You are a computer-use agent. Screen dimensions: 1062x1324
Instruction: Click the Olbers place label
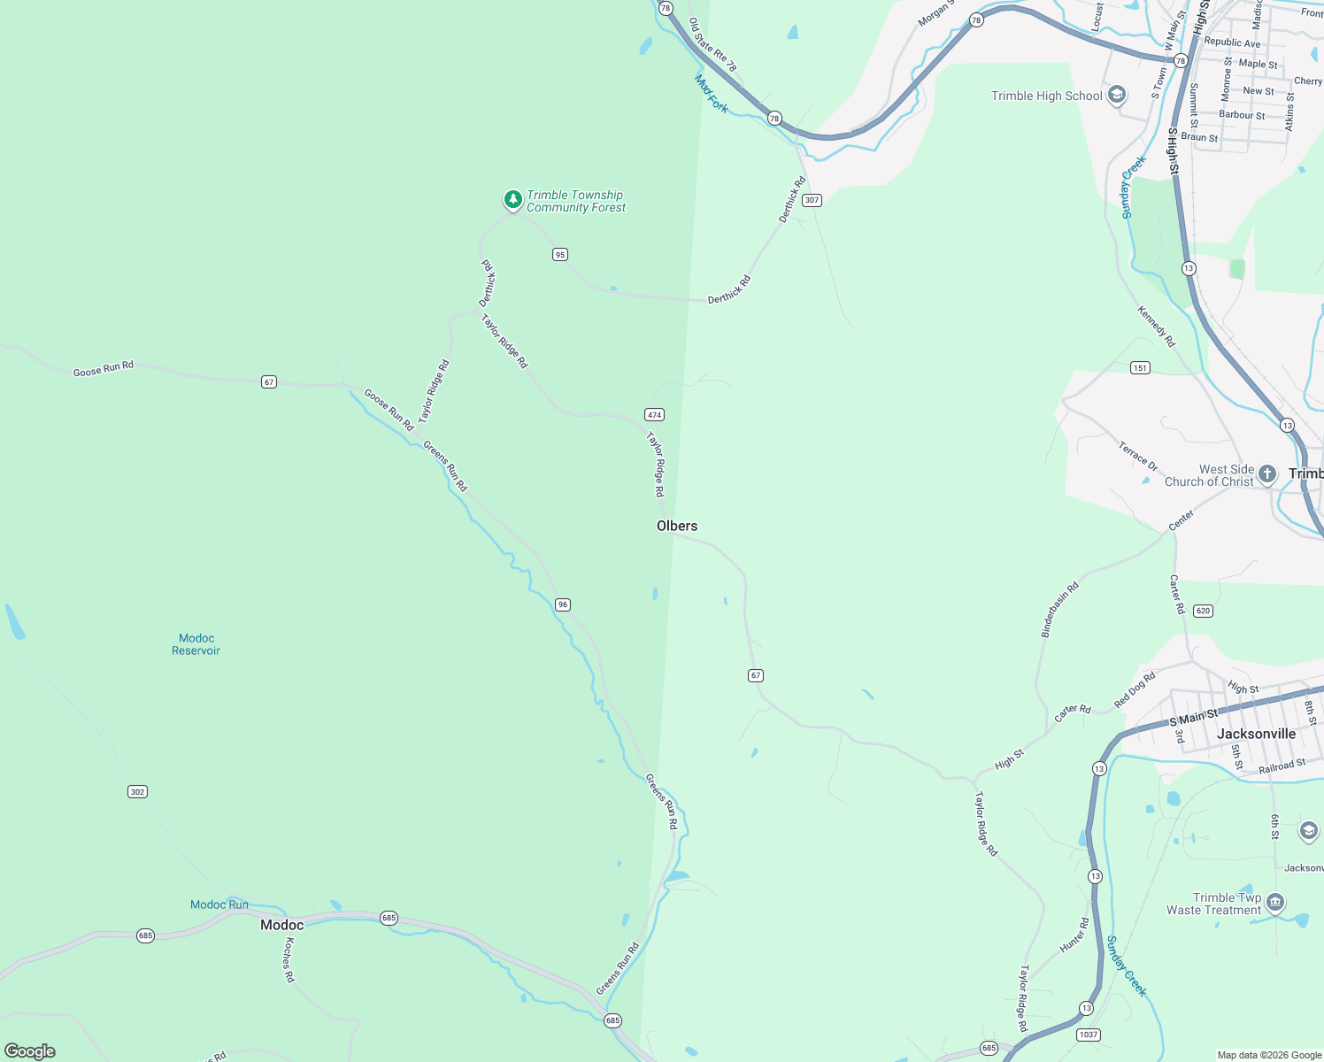[677, 526]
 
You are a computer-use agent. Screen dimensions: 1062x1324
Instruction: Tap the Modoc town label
[281, 925]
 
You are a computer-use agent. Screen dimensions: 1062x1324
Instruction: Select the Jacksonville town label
[1256, 734]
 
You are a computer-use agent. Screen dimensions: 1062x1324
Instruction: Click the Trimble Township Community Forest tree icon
[512, 200]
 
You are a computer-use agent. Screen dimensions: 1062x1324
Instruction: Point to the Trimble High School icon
[1117, 96]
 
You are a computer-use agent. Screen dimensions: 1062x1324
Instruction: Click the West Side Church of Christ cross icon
[1267, 474]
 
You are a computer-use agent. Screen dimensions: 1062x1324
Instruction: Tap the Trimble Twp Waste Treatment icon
[1275, 903]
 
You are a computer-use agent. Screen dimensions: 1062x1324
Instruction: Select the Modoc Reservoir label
[196, 644]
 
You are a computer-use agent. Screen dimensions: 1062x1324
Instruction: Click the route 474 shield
[654, 414]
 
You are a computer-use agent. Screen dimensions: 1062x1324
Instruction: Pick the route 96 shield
[563, 604]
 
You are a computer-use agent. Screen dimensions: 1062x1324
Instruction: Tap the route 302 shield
[137, 791]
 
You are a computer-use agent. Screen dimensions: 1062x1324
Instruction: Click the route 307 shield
[812, 200]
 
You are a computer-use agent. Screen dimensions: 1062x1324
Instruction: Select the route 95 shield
[559, 254]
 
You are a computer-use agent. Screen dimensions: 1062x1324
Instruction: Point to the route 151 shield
[1140, 367]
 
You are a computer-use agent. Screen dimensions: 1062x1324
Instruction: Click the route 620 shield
[1203, 611]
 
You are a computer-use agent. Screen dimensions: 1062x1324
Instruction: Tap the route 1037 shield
[1089, 1035]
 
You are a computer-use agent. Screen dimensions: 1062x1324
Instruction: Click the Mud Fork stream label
[712, 94]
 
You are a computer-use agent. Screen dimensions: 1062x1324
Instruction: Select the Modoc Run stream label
[219, 904]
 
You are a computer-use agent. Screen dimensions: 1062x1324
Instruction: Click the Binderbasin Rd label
[1059, 610]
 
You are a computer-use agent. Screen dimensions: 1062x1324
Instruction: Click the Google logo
[30, 1050]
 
